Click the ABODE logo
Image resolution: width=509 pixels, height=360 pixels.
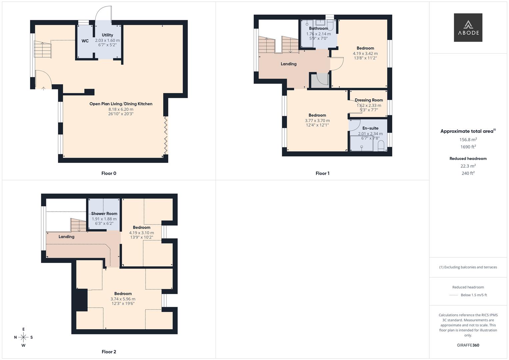coord(468,27)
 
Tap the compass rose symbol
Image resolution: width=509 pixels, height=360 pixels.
coord(23,337)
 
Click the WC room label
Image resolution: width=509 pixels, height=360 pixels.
coord(85,41)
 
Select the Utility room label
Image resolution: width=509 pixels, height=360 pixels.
coord(107,35)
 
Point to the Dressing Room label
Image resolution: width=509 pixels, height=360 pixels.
coord(369,100)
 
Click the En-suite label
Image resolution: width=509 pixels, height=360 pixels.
coord(370,128)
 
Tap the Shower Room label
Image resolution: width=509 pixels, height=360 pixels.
coord(104,214)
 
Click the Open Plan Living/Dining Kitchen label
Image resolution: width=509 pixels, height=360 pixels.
coord(121,104)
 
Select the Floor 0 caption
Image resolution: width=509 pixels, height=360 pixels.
coord(109,173)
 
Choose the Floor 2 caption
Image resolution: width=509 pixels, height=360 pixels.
coord(109,352)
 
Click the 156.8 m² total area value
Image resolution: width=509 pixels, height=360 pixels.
coord(468,140)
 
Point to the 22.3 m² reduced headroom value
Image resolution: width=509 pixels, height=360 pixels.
coord(468,166)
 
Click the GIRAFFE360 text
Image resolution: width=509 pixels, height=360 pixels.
coord(468,345)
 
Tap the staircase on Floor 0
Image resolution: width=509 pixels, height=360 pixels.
coord(43,49)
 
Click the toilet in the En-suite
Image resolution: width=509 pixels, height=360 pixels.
coord(381,146)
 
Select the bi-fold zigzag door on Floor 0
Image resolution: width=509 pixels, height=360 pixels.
coord(166,136)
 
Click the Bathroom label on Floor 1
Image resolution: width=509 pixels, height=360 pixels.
coord(319,28)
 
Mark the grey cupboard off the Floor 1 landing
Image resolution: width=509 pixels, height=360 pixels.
coord(320,80)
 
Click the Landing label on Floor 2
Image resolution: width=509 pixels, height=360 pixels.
coord(66,237)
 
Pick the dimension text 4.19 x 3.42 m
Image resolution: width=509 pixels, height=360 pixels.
coord(365,54)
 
